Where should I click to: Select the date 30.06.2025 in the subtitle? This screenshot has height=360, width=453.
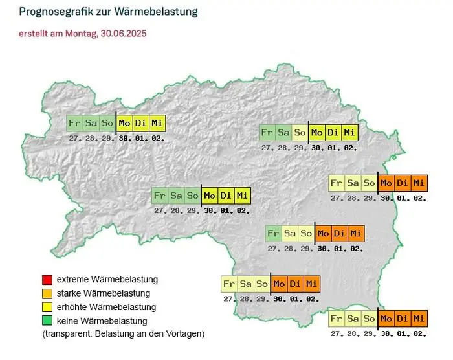click(x=124, y=33)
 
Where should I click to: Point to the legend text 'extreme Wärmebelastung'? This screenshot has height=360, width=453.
click(x=107, y=280)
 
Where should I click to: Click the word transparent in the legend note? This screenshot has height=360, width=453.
click(x=67, y=334)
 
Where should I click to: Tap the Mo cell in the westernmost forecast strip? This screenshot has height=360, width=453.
click(x=124, y=123)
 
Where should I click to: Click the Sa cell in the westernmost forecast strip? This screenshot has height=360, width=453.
click(x=91, y=123)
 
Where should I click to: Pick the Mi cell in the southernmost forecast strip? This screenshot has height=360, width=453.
click(x=419, y=319)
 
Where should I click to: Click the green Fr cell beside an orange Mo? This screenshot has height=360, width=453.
click(x=273, y=233)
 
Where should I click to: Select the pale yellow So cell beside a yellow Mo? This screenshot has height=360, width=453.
click(x=300, y=133)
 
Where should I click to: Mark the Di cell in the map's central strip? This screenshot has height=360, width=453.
click(x=226, y=196)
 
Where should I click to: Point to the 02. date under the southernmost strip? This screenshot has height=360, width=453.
click(x=419, y=334)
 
